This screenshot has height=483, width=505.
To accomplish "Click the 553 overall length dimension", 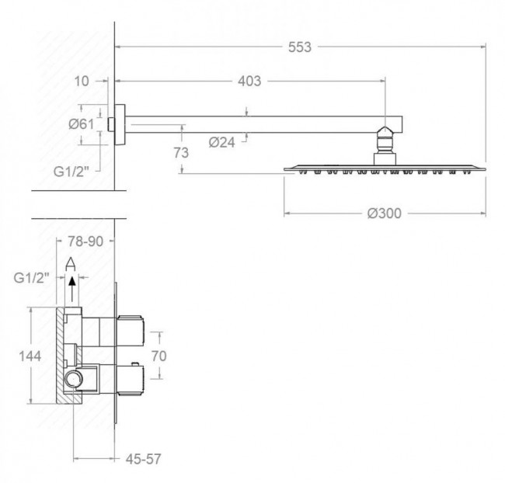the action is [x=300, y=47].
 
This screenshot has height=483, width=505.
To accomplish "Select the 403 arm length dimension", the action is [x=249, y=81].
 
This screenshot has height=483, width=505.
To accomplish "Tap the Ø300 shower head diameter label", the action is [x=385, y=214].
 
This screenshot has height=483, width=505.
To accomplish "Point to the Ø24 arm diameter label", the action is [x=222, y=142].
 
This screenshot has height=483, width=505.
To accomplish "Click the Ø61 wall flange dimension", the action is [x=81, y=124].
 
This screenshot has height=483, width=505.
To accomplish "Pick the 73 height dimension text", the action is [x=181, y=153].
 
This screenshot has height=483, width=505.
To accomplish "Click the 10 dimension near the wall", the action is [x=81, y=81].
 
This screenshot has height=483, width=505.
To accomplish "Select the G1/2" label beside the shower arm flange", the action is [x=71, y=172].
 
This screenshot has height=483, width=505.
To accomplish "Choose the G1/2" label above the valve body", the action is [x=31, y=277].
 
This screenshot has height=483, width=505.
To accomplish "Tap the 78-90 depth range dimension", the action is [x=85, y=241].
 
